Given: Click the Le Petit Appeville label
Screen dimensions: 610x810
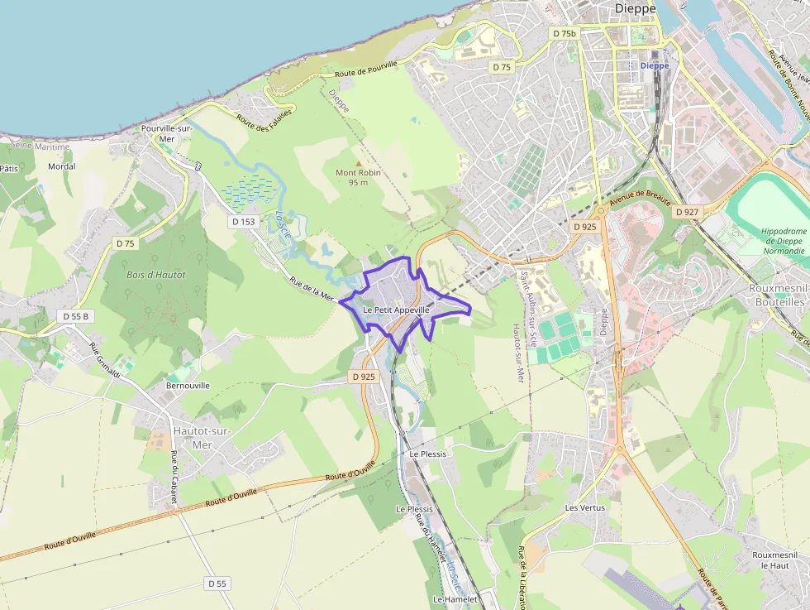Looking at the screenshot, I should coord(396,310).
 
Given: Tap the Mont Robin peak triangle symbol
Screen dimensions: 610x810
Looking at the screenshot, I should coord(358,163).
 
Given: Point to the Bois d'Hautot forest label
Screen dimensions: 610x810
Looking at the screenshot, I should coord(156,274).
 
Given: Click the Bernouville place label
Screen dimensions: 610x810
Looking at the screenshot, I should coord(188,386).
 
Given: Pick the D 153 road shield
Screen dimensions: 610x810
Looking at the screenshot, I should coord(244,222).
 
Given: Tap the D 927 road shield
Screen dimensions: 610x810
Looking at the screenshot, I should coord(687,212).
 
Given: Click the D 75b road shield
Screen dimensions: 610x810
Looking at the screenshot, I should coord(563,33).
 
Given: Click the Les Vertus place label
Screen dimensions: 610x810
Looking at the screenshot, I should coord(584,507).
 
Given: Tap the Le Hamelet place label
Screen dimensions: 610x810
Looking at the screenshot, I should coord(455,598).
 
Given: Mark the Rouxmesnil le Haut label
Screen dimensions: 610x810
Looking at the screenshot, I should coord(774,560).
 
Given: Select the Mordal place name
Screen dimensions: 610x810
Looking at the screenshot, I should coord(62,166).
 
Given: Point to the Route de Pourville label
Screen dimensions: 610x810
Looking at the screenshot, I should coord(366,70).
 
